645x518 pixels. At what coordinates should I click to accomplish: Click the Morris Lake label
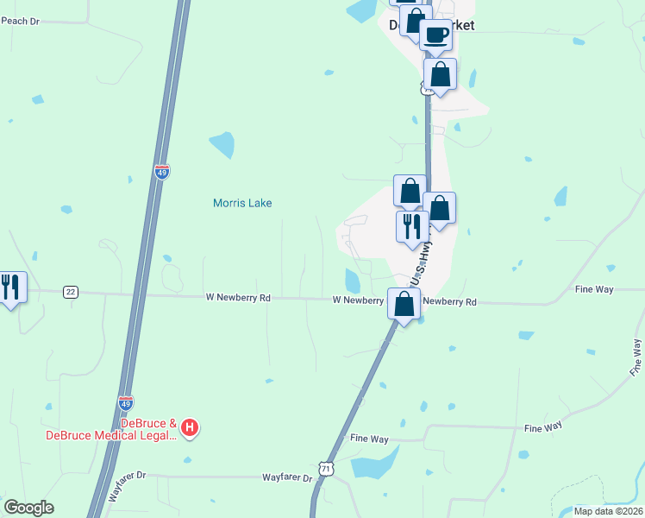tap(242, 203)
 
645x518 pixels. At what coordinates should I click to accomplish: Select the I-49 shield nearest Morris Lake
tap(162, 172)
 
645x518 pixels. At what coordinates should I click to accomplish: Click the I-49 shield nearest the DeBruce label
tap(126, 402)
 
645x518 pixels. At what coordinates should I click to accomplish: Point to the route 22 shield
tap(71, 292)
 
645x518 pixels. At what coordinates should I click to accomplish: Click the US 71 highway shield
tap(325, 468)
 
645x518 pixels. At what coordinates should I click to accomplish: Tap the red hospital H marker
tap(191, 427)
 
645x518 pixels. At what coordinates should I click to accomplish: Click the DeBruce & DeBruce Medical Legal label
tap(112, 429)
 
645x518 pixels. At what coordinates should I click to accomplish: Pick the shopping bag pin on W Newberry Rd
tap(404, 305)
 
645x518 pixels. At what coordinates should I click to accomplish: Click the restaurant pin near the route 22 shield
tap(10, 287)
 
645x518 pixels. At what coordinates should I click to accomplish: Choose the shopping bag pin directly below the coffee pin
tap(440, 75)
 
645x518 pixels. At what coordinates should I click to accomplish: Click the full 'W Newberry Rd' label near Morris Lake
tap(238, 298)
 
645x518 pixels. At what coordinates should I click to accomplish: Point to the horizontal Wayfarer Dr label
tap(287, 477)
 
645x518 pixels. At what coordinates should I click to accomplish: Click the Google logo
tap(28, 508)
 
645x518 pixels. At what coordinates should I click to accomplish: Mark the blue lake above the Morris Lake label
tap(222, 144)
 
